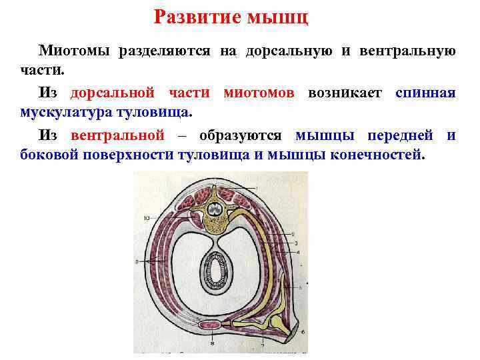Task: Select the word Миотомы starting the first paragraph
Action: point(75,51)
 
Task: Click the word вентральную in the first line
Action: point(408,51)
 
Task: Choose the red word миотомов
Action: point(259,93)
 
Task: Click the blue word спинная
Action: point(425,93)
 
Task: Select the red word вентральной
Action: point(117,135)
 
